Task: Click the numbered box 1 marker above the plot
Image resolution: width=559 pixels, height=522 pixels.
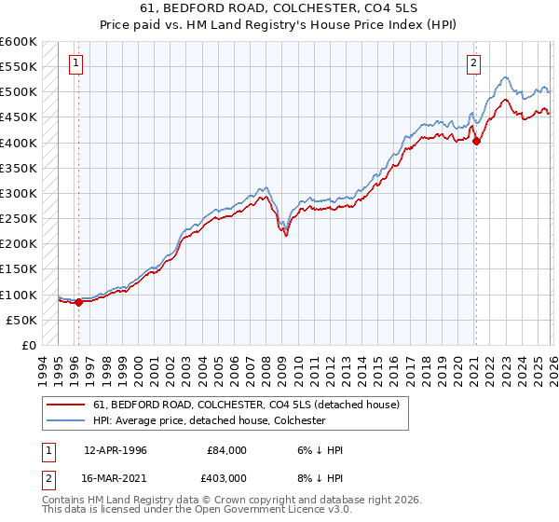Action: coord(75,63)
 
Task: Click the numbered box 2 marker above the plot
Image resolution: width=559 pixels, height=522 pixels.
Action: coord(474,63)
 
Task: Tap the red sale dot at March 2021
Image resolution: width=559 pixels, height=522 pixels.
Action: coord(476,142)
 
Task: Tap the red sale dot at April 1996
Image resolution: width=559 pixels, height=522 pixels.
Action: coord(78,302)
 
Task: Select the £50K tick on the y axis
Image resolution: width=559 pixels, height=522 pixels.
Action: coord(21,320)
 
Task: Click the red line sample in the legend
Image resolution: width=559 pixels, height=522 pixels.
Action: coord(67,405)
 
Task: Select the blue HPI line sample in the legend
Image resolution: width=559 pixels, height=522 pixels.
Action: coord(67,420)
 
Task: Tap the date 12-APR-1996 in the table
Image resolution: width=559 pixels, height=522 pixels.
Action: coord(115,450)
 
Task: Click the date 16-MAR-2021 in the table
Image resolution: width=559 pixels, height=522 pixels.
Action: coord(115,476)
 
